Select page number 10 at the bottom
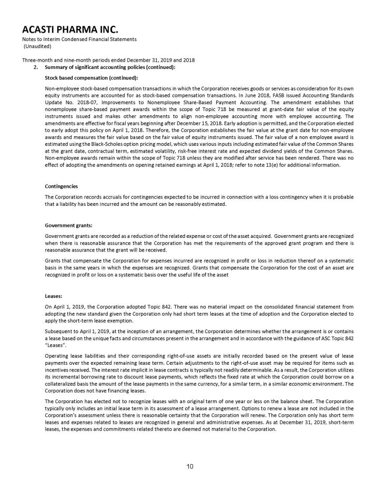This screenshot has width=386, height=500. pyautogui.click(x=192, y=465)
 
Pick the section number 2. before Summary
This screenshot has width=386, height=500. pyautogui.click(x=37, y=66)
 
